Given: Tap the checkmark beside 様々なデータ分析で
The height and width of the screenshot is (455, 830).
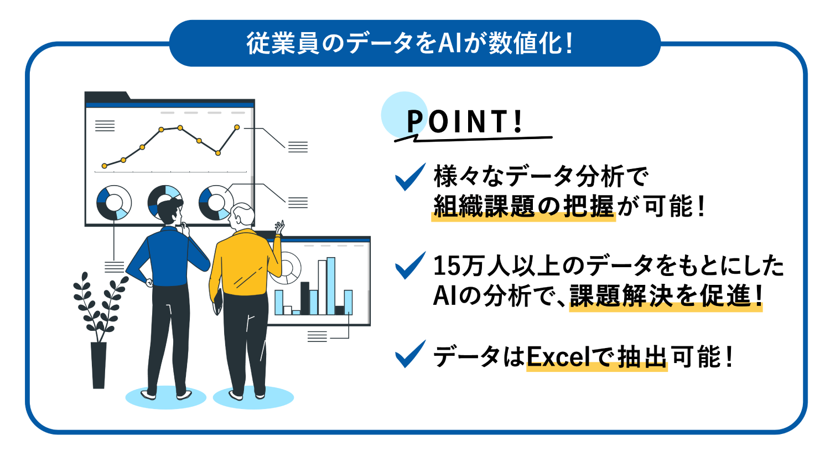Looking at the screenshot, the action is point(410,177).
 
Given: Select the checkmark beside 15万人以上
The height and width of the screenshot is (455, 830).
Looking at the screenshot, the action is point(410,265).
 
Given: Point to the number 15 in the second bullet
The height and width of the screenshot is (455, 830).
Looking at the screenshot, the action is point(447,266).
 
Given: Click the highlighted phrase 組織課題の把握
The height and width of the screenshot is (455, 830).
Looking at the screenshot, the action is point(523,206).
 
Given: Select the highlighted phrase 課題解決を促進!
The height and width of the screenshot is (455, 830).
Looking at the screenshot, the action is point(666,296).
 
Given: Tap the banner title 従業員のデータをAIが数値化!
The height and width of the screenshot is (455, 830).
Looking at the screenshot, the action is point(410,44).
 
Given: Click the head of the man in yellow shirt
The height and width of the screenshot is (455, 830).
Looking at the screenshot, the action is point(242,216).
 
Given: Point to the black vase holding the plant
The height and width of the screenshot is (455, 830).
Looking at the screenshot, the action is point(98,365).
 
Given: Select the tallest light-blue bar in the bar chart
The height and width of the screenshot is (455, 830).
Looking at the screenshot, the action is point(331,286).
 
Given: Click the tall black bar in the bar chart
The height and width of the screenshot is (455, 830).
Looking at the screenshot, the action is point(305,298).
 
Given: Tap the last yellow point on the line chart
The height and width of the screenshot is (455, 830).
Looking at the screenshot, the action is point(237,127).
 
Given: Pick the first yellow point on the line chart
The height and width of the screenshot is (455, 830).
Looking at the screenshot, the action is point(105,166).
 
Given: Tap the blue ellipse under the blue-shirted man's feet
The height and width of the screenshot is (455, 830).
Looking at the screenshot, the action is point(165,397).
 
